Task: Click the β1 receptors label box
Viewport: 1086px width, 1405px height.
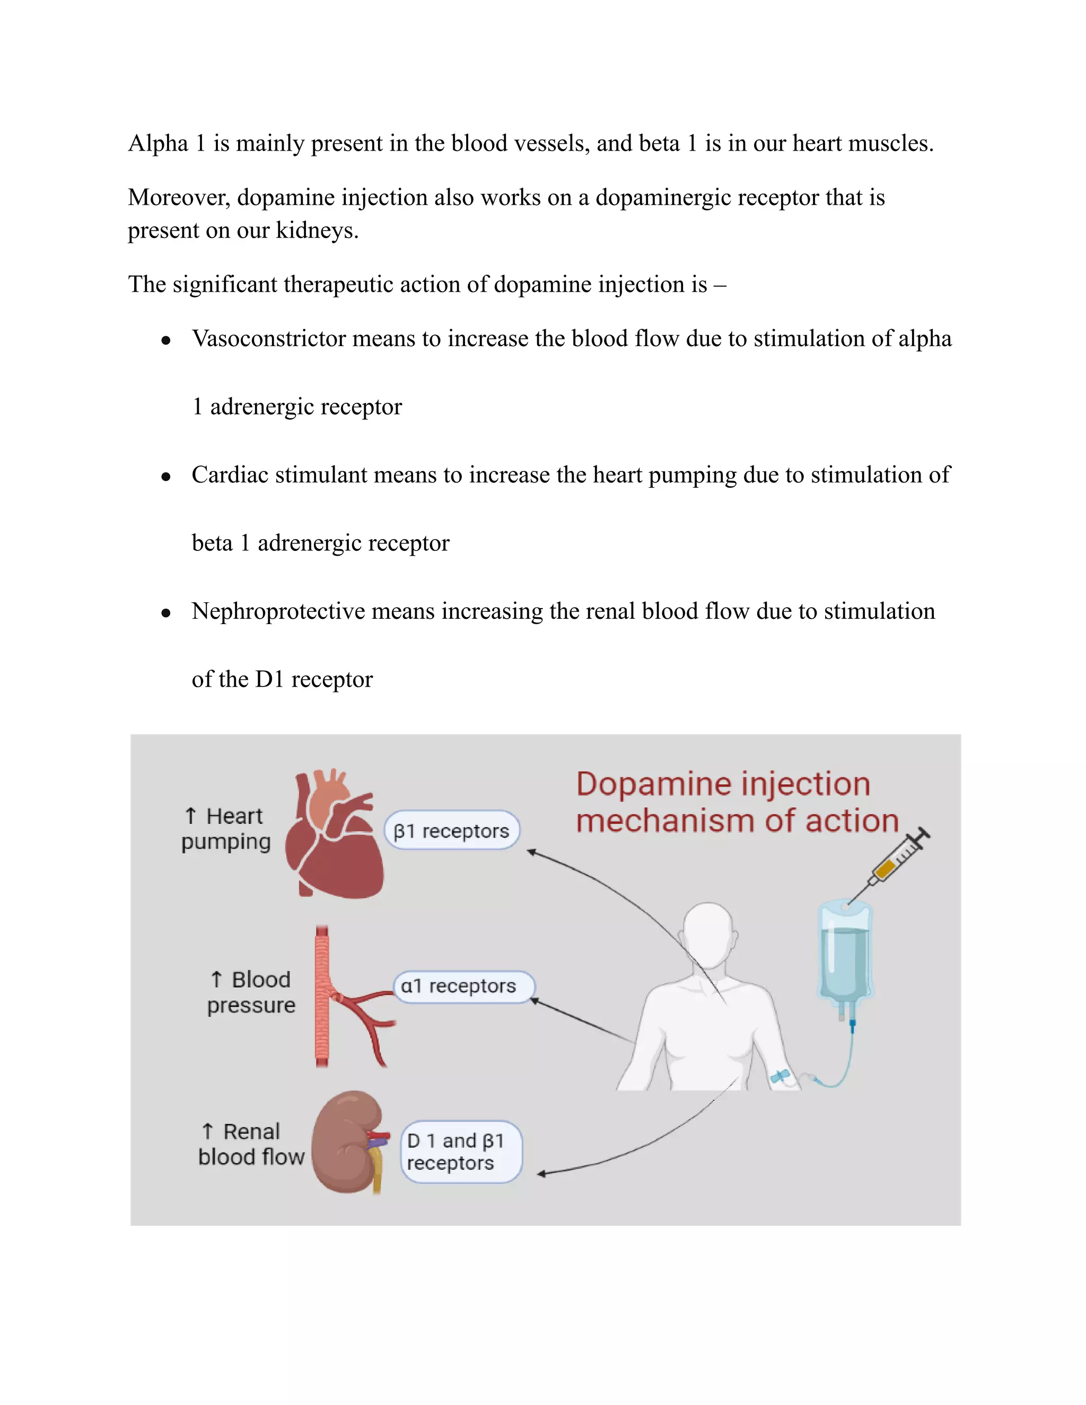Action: [452, 830]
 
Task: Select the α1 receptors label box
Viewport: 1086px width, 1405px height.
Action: [463, 986]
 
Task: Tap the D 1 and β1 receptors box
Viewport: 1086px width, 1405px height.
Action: [461, 1152]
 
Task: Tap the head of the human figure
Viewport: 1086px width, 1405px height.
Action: [708, 933]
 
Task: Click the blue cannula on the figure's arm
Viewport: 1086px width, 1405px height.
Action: [780, 1076]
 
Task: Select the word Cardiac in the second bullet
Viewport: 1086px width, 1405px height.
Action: [230, 475]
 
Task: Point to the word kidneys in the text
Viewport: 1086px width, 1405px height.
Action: [317, 230]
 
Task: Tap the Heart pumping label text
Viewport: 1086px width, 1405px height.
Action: [226, 829]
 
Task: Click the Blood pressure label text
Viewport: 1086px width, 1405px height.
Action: [251, 992]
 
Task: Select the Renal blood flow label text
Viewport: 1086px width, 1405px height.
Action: [251, 1144]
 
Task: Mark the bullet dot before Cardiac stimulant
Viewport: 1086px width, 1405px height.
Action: [166, 477]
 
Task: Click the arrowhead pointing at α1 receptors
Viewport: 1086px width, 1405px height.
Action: [534, 1001]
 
